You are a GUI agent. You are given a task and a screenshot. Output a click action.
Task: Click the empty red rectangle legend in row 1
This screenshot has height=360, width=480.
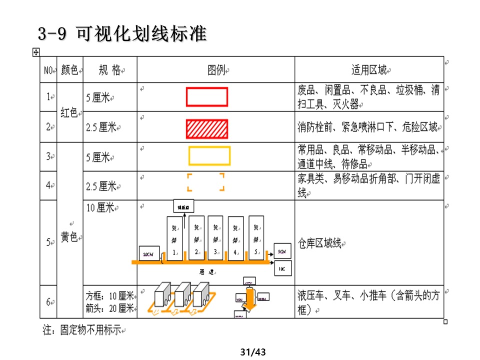point(207,97)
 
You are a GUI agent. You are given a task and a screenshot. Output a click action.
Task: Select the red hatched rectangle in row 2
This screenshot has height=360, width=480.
point(207,128)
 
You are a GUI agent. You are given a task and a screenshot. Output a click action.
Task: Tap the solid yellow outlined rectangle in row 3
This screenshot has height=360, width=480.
point(209,156)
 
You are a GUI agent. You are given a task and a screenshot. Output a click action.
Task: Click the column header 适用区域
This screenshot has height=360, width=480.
point(369,70)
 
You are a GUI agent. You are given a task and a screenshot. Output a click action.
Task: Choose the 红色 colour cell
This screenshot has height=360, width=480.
point(69,112)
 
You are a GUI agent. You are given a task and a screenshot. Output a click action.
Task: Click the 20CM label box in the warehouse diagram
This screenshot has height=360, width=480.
point(148,254)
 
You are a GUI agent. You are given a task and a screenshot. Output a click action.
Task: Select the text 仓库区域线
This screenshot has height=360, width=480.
point(319,243)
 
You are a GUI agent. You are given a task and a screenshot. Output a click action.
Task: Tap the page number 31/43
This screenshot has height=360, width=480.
point(252,352)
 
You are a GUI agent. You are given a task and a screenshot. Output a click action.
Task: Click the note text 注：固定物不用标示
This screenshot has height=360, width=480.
point(82,330)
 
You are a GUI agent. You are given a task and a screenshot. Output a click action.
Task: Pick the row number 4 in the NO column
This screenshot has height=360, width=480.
point(48,185)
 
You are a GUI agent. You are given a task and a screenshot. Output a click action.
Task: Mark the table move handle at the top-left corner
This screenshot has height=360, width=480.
point(35,52)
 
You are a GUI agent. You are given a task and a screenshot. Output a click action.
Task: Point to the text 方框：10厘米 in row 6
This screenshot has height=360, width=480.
point(109,295)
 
